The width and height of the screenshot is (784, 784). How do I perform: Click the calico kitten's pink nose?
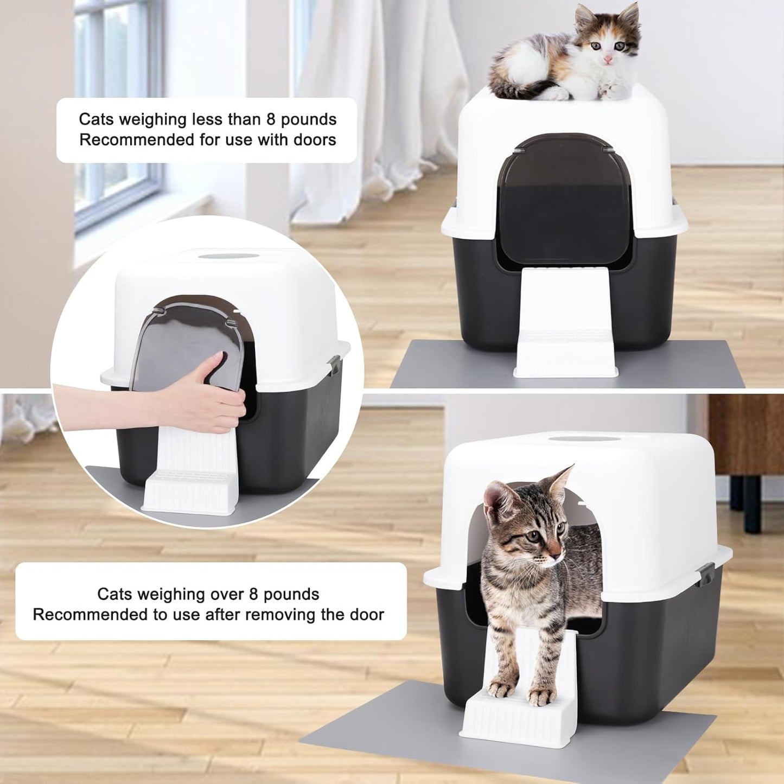tap(608, 60)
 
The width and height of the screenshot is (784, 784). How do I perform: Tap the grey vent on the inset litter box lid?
tap(228, 256)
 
